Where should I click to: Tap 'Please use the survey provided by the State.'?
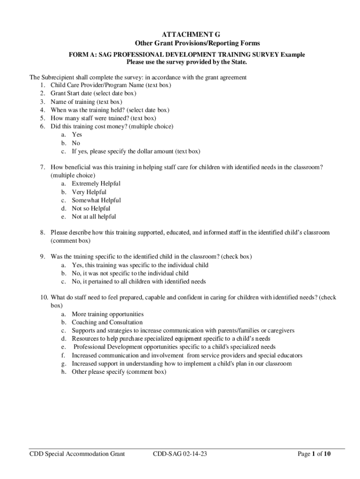click(x=187, y=62)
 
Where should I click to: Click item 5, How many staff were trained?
click(x=103, y=118)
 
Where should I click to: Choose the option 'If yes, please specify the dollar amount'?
click(x=136, y=152)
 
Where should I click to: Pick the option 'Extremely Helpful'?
click(x=96, y=184)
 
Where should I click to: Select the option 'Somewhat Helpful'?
click(x=96, y=200)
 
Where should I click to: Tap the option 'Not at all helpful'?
click(x=94, y=217)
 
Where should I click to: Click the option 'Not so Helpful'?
click(x=91, y=209)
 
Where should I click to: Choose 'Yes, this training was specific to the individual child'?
click(x=140, y=265)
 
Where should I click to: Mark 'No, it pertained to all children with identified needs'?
click(x=138, y=282)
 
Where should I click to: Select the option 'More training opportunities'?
click(x=108, y=314)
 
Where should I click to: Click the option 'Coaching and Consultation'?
click(x=107, y=322)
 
